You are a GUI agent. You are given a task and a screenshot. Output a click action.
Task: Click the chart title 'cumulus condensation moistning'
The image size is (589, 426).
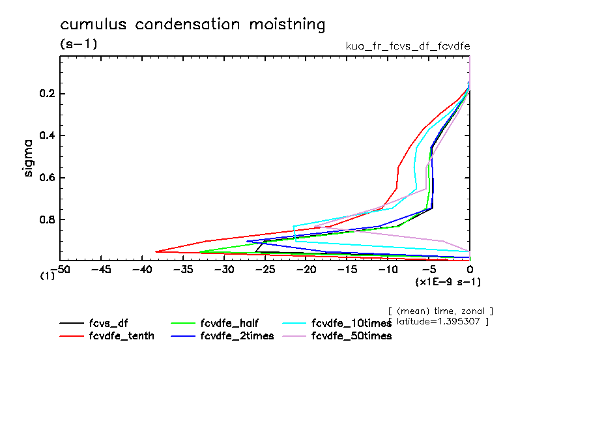pos(192,25)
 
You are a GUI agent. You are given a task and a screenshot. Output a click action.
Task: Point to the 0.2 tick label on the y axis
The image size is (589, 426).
pos(49,94)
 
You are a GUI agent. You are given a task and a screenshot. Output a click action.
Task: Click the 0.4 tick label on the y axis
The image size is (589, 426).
pos(49,135)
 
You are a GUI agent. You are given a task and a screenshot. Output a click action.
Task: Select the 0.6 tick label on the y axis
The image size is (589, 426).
pos(49,177)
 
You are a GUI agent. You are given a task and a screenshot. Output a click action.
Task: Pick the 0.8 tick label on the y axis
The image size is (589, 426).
pos(49,219)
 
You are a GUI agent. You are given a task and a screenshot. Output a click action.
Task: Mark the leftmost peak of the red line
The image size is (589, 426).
pos(156,251)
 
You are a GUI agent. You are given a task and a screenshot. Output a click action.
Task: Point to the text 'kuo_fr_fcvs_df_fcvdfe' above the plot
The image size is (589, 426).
pos(407,46)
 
